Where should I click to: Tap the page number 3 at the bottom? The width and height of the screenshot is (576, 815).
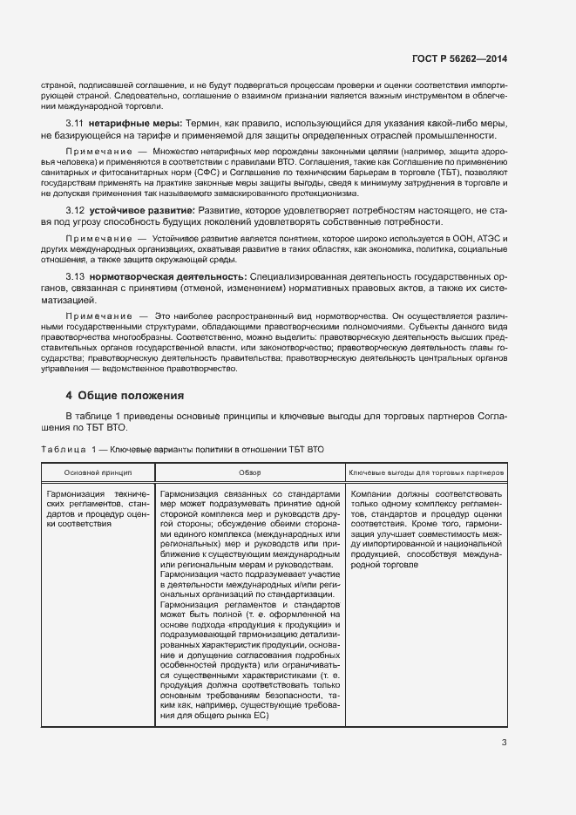point(505,743)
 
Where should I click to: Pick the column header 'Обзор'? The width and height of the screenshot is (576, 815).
point(250,472)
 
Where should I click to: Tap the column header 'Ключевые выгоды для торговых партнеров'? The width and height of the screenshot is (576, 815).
point(425,472)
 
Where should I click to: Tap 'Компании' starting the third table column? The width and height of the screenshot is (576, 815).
point(375,493)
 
